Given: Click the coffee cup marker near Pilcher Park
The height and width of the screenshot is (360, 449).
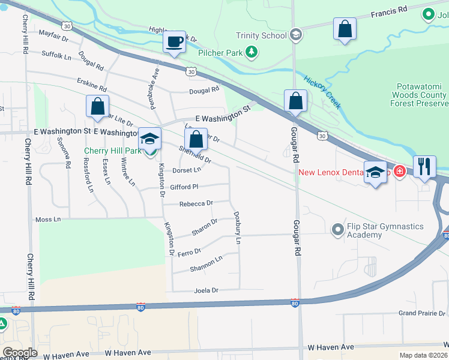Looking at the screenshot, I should (x=174, y=43).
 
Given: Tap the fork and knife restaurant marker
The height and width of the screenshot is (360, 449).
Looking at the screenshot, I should (x=424, y=167).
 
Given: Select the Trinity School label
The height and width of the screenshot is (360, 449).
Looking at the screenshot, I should (x=261, y=35).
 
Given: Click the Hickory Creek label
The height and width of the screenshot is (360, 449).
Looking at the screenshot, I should (x=322, y=92).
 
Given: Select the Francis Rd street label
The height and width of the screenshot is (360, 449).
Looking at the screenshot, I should (x=388, y=11).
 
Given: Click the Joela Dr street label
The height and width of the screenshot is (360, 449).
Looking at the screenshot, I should (x=205, y=290).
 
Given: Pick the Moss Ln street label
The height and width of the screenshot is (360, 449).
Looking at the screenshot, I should (x=48, y=220).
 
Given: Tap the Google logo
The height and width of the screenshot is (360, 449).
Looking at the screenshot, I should (x=20, y=353).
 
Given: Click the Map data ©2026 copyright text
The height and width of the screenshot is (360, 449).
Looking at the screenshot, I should (x=423, y=355).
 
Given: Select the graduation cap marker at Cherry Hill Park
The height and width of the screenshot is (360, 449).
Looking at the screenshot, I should (x=149, y=139).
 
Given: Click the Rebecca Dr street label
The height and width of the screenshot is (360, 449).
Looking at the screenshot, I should (x=196, y=203).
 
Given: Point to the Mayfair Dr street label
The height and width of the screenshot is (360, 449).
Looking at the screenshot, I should (x=54, y=35).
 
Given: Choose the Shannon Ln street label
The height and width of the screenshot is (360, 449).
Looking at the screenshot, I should (x=206, y=263).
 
